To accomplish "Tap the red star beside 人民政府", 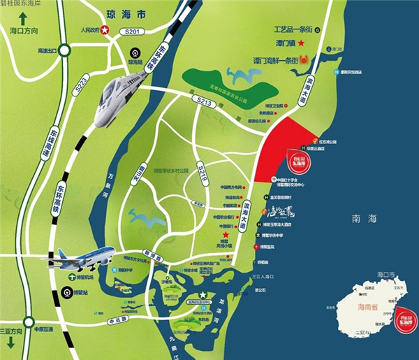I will (x=105, y=30).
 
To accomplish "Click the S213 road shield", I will (x=204, y=103).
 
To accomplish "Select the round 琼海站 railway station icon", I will (x=135, y=50).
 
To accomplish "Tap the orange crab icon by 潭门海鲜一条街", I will (x=304, y=59).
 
